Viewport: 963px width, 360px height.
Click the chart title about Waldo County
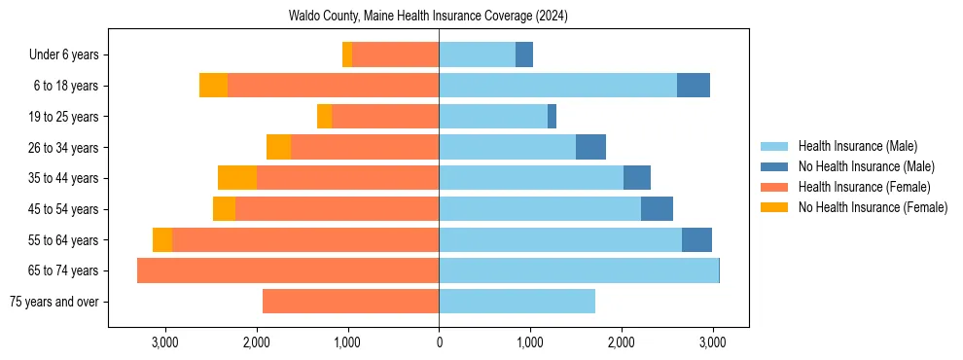tap(428, 17)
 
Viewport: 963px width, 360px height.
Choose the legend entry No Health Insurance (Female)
tap(873, 207)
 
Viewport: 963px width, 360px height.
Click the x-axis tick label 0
tap(439, 342)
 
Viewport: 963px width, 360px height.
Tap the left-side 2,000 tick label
tap(257, 342)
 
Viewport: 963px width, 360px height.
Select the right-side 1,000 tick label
tap(530, 342)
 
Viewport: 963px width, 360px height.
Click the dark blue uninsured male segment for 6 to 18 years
tap(694, 86)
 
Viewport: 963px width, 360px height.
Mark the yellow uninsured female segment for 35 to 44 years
tap(237, 178)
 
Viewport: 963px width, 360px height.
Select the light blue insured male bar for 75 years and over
tap(517, 302)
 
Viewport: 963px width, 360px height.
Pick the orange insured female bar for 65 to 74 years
tap(288, 270)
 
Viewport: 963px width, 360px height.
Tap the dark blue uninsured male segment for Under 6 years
tap(524, 54)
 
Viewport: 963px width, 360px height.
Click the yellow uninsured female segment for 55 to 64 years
tap(162, 239)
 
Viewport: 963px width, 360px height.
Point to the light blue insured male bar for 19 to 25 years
tap(493, 117)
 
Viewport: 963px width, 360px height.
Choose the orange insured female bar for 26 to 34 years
tap(365, 147)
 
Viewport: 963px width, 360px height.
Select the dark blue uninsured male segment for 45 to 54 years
tap(657, 209)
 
